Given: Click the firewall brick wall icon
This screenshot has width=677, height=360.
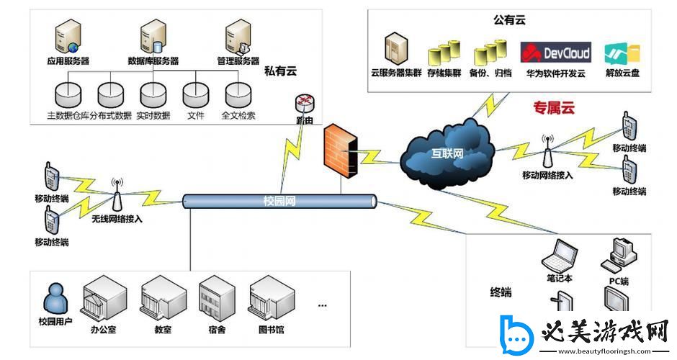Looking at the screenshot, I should click(x=340, y=150).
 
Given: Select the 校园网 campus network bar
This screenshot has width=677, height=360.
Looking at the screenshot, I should click(x=279, y=201).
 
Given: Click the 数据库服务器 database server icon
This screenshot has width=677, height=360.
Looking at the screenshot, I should click(x=153, y=36).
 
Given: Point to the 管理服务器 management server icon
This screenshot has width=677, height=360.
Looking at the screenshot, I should click(x=237, y=36).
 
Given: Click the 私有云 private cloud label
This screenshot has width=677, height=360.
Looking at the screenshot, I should click(x=280, y=71).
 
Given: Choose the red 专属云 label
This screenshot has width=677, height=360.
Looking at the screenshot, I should click(x=554, y=109).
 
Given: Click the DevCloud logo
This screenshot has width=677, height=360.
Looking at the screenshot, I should click(x=555, y=53).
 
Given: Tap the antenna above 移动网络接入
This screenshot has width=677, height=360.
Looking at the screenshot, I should click(x=547, y=151).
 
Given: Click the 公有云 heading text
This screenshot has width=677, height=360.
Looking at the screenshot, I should click(x=509, y=20).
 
